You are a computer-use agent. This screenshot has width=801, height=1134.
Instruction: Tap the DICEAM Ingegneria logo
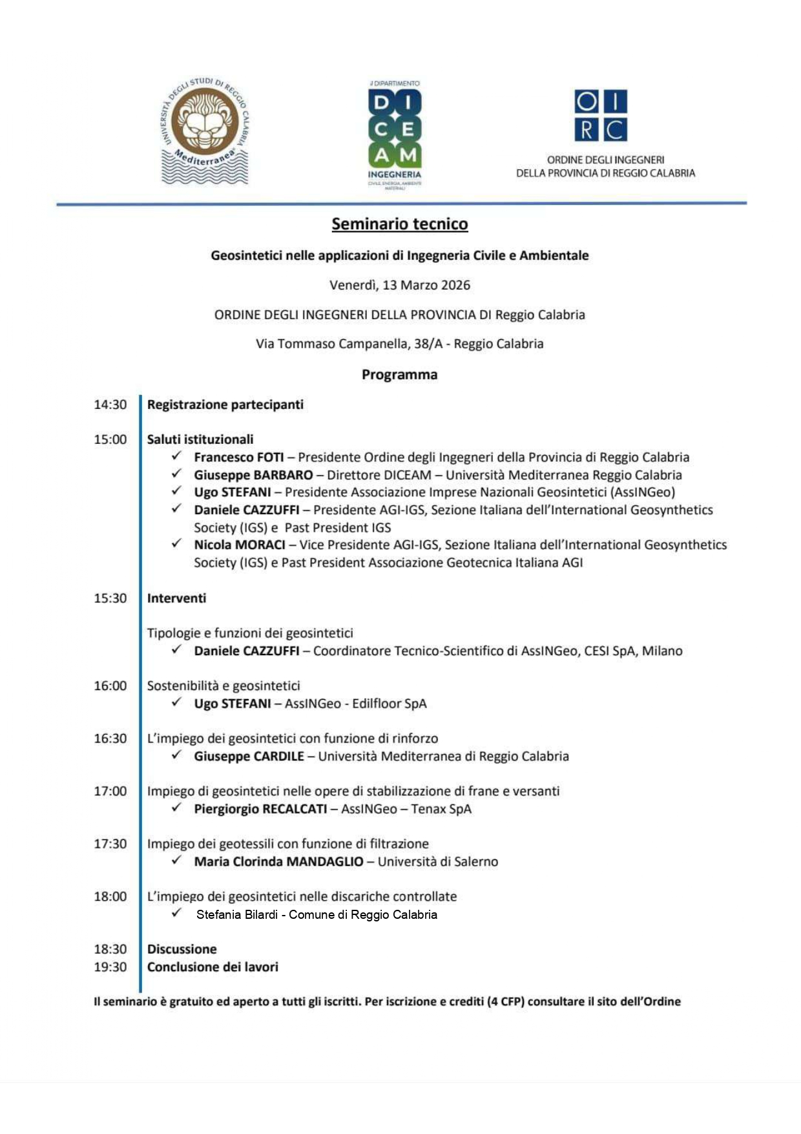tap(395, 134)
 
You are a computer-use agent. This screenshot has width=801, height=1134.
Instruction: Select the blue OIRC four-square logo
tap(601, 116)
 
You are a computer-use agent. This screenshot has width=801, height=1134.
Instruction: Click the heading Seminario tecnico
tap(400, 224)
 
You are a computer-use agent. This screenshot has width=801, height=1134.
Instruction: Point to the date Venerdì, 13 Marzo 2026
tap(400, 285)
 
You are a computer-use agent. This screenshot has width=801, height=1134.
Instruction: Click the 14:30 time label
tap(110, 404)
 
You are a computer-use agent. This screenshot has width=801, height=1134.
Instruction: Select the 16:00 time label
tap(110, 686)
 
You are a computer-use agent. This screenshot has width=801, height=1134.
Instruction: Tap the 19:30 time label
tap(110, 967)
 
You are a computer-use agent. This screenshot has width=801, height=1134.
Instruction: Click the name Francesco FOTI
tap(239, 457)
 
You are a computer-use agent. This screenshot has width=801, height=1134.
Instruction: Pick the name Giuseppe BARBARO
tap(253, 475)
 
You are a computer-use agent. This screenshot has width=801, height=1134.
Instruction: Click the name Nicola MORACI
tap(240, 545)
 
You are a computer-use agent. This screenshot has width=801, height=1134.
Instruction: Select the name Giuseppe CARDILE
tap(249, 756)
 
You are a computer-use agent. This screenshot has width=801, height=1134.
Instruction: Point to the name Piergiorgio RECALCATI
tap(260, 809)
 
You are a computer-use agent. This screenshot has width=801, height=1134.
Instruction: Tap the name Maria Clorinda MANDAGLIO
tap(278, 861)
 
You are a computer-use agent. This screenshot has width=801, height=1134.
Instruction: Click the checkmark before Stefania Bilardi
tap(177, 913)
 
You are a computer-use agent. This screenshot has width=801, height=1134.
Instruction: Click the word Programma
tap(399, 375)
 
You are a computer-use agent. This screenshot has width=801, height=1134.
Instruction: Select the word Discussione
tap(182, 949)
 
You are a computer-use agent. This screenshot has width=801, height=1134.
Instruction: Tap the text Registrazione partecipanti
tap(225, 404)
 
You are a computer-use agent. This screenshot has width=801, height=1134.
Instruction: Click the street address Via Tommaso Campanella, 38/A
tap(349, 344)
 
